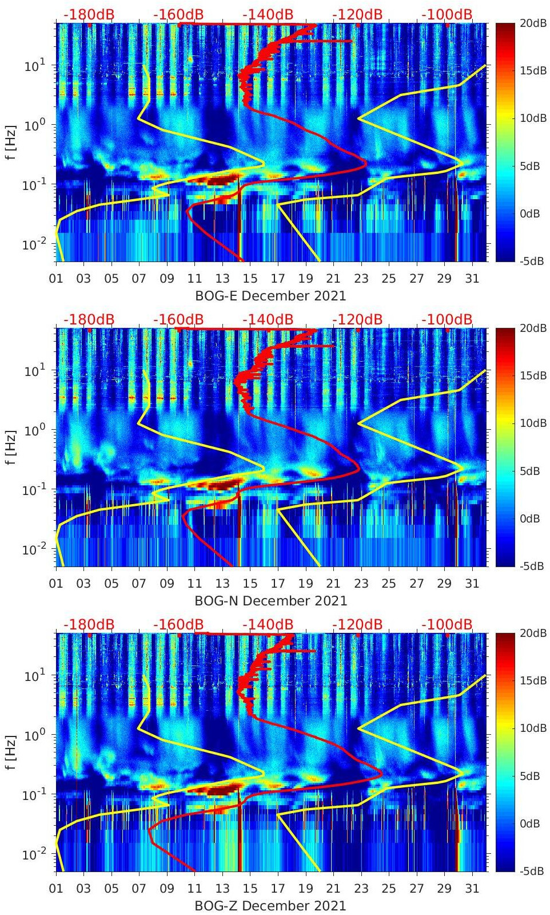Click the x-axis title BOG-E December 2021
tap(270, 296)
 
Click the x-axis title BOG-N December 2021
tap(270, 601)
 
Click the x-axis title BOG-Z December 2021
tap(270, 906)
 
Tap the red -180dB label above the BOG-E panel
tap(89, 14)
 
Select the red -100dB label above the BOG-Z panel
tap(447, 624)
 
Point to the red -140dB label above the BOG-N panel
tap(268, 319)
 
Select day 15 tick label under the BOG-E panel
tap(250, 279)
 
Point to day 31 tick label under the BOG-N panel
tap(472, 584)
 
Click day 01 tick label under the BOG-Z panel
tap(56, 889)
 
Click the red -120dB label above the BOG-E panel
tap(357, 14)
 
